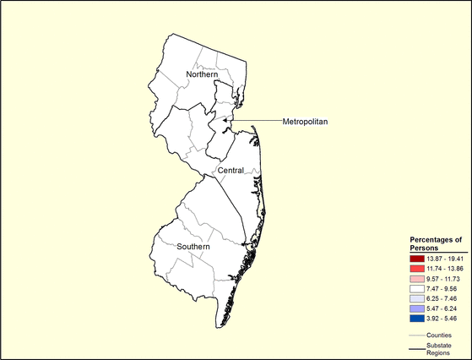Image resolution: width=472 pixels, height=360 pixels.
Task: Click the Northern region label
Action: coord(190,75)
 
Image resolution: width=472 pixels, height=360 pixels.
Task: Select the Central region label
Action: coord(231,171)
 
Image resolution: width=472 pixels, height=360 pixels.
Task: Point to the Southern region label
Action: coord(193,247)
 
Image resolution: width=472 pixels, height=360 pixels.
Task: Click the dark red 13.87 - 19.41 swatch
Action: coord(415,258)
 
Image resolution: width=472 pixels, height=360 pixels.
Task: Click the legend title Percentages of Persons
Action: coord(436,244)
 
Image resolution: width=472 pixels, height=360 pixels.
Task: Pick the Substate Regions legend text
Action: coord(438,348)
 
